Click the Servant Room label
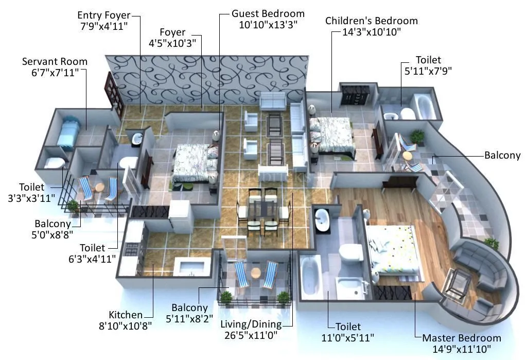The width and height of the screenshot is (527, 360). point(55,61)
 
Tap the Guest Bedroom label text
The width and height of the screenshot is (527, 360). point(268,13)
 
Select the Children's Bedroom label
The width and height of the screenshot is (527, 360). point(371,21)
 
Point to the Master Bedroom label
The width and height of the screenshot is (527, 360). point(461,338)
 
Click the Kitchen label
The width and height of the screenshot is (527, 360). point(126,315)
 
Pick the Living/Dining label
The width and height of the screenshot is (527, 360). point(251,324)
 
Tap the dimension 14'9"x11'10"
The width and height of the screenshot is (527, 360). point(461,350)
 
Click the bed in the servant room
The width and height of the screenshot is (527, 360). point(67,132)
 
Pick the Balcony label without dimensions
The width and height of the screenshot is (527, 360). point(502,155)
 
